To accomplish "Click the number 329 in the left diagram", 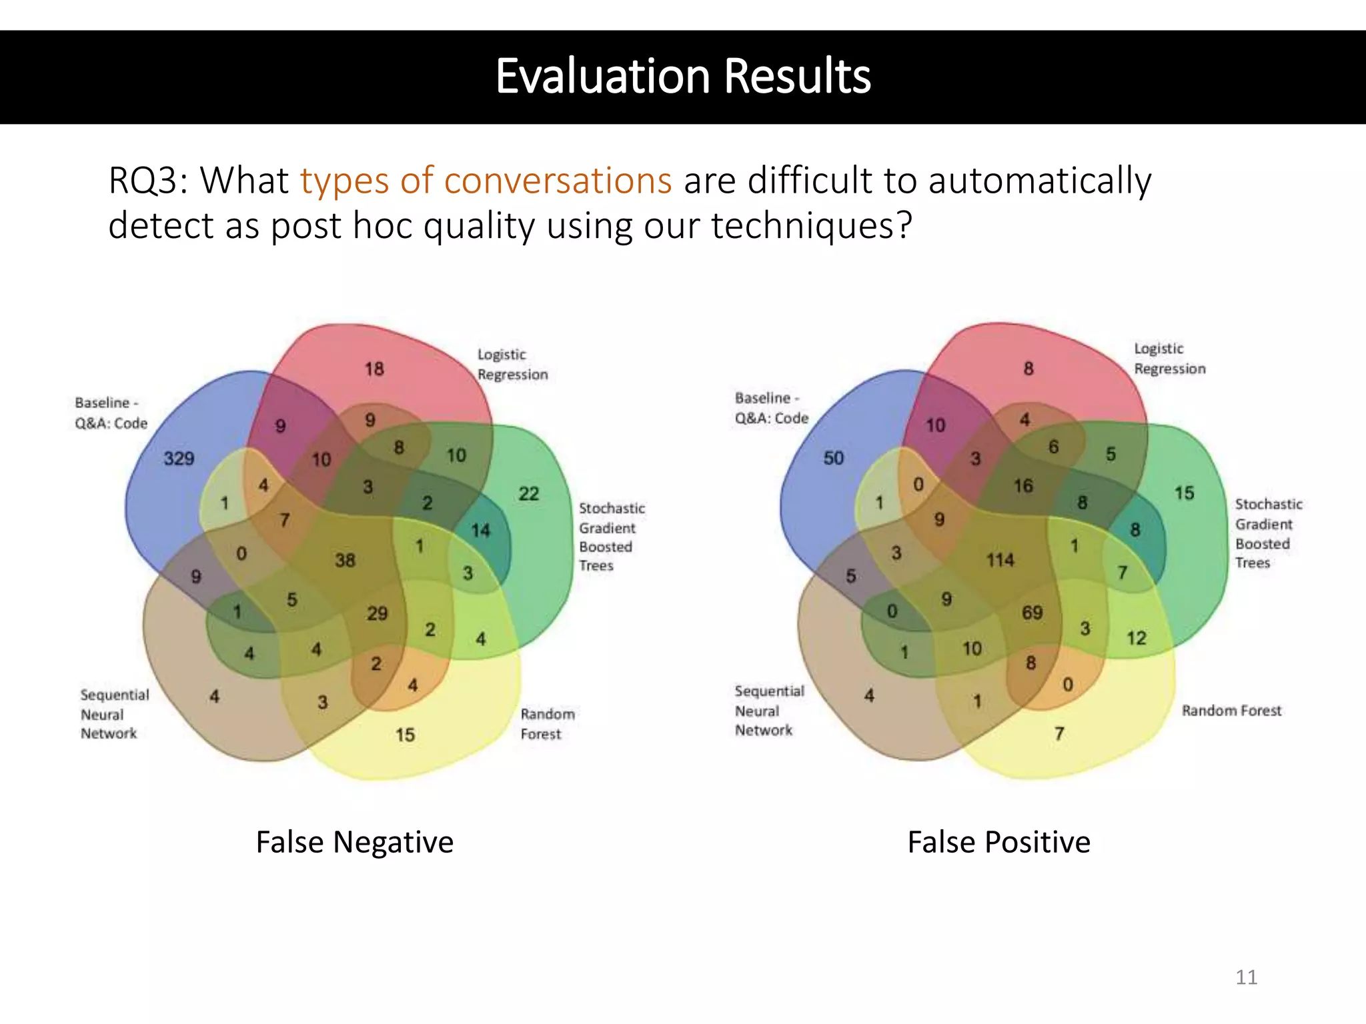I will (x=179, y=459).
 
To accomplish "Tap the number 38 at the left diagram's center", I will (x=345, y=560).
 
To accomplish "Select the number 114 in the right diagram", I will (x=1000, y=560).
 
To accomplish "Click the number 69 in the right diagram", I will (x=1032, y=613).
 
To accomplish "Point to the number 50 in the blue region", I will (x=833, y=458).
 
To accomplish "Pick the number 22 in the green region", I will (x=528, y=494).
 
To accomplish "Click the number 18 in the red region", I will (x=374, y=369).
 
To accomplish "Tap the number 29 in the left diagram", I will (x=377, y=613).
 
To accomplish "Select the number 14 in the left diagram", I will (x=480, y=531).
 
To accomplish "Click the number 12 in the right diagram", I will (x=1137, y=639).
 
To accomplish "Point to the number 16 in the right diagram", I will (x=1023, y=486).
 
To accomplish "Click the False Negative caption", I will (x=354, y=842).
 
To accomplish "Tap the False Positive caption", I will (x=998, y=842).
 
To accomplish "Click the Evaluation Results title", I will (x=682, y=76).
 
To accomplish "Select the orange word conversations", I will (x=558, y=181).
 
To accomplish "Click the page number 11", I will (x=1246, y=977).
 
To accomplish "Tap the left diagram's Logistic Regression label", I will (x=512, y=365).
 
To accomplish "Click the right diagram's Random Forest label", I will (x=1231, y=711).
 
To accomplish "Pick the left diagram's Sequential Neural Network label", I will (x=114, y=714).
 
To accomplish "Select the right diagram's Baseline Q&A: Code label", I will (x=771, y=408).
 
